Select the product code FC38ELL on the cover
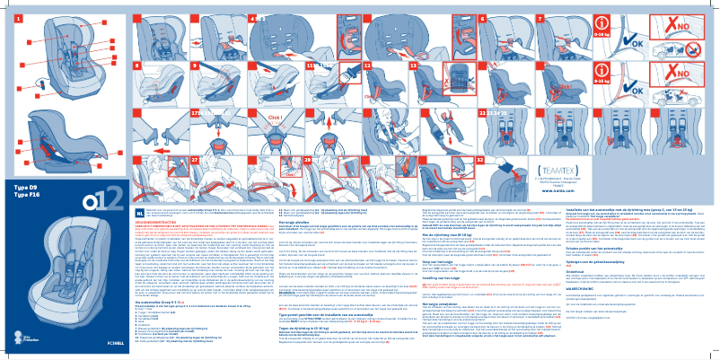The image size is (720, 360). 129,342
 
